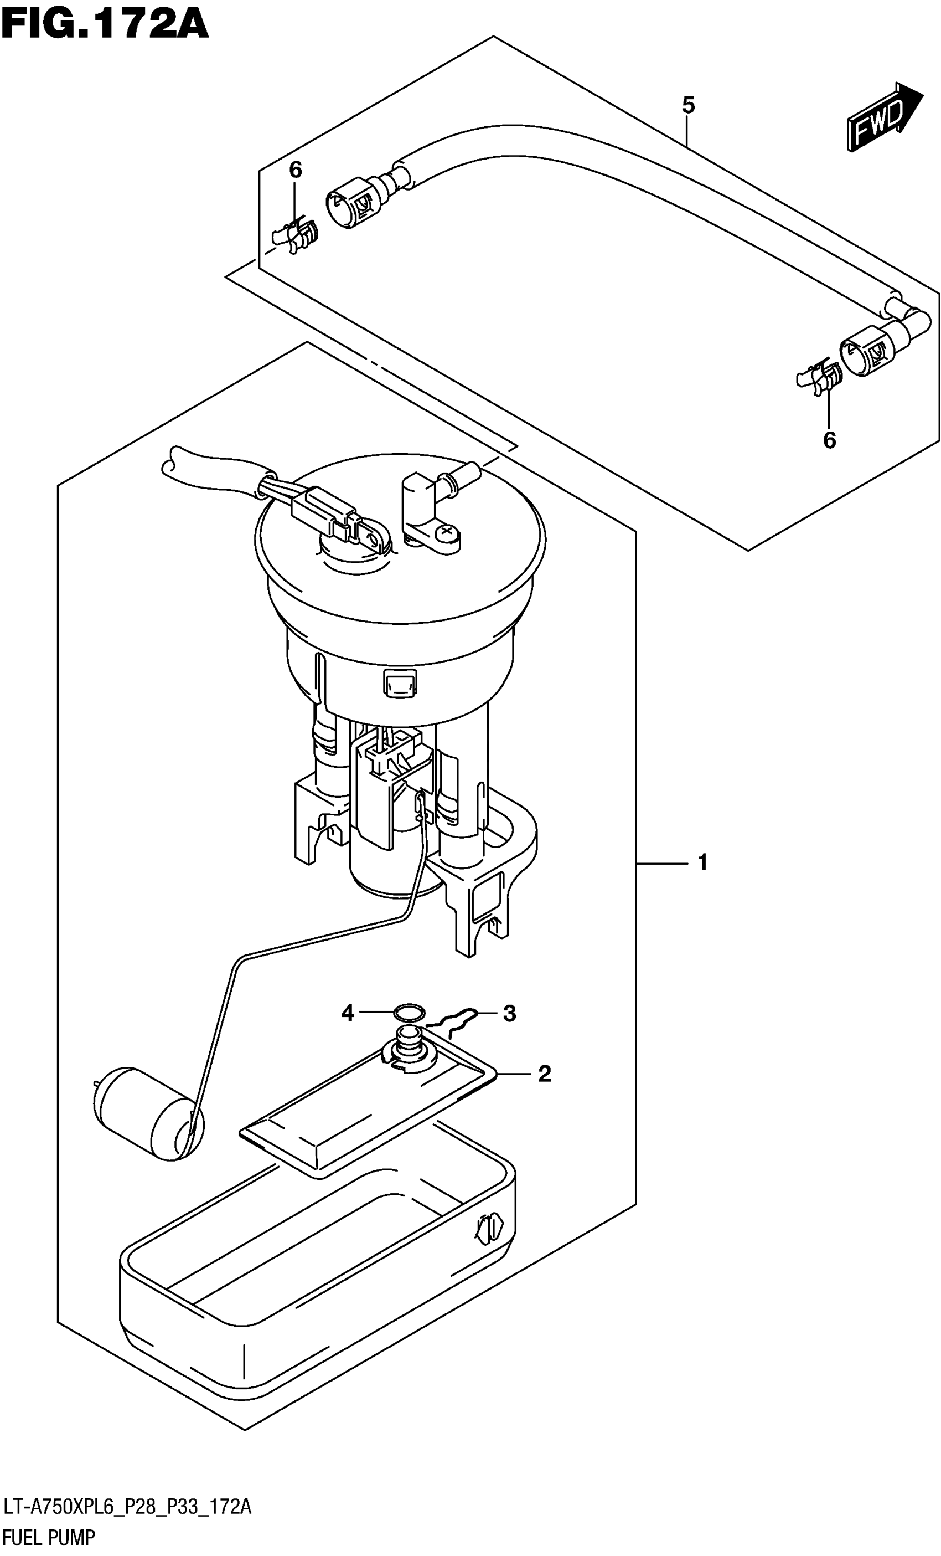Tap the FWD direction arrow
click(883, 117)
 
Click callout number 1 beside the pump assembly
click(702, 862)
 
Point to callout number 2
click(544, 1073)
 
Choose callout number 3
click(509, 1013)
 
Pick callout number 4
click(348, 1013)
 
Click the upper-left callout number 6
click(296, 170)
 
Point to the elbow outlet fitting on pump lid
click(436, 486)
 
